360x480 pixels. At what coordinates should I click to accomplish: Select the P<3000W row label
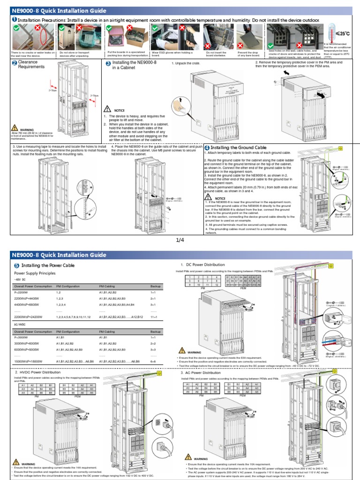click(x=22, y=337)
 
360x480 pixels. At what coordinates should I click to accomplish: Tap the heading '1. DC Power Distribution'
click(x=202, y=265)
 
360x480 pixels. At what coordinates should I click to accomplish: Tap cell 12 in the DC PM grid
click(x=216, y=285)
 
